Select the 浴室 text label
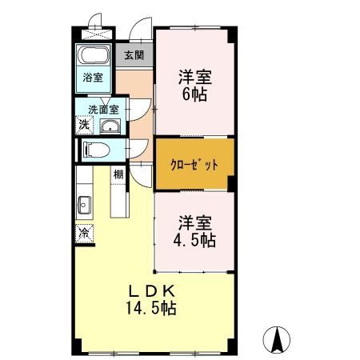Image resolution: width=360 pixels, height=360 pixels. (94, 78)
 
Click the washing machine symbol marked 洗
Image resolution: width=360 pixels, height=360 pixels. (84, 125)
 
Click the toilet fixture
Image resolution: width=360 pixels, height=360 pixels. (98, 150)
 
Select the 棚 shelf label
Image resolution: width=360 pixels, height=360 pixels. (118, 174)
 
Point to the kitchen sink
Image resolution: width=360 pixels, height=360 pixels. (85, 206)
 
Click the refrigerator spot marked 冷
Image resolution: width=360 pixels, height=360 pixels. (84, 233)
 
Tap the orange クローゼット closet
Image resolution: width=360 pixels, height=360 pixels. (194, 166)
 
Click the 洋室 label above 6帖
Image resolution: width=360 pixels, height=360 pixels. (194, 78)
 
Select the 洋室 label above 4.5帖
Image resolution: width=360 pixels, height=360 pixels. (194, 220)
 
